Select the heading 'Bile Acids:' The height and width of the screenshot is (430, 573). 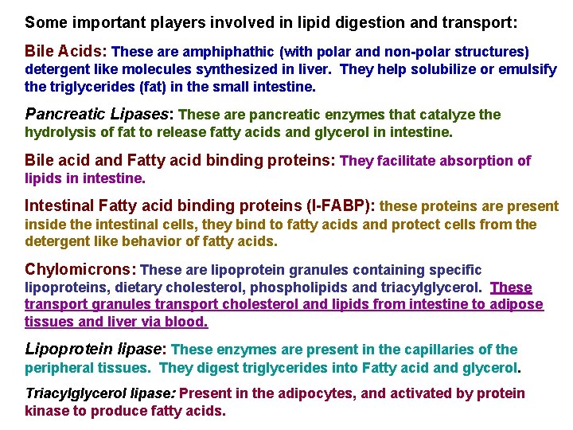[x=66, y=51]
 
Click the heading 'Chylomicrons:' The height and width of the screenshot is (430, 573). [x=80, y=270]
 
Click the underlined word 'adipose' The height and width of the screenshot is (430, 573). [x=519, y=304]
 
